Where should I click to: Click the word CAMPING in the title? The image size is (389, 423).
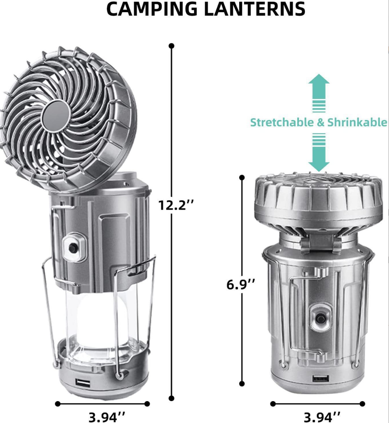click(x=152, y=9)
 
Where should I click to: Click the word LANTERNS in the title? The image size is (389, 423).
click(x=255, y=9)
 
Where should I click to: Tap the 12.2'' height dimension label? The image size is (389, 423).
click(x=176, y=205)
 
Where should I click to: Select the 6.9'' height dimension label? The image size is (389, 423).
click(x=241, y=284)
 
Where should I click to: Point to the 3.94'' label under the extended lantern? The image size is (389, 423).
click(x=107, y=417)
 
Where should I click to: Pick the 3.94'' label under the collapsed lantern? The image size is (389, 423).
click(x=322, y=417)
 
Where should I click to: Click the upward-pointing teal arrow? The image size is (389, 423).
click(x=319, y=93)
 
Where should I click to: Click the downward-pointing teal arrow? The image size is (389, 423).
click(x=319, y=152)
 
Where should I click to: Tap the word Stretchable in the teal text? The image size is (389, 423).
click(x=282, y=122)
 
